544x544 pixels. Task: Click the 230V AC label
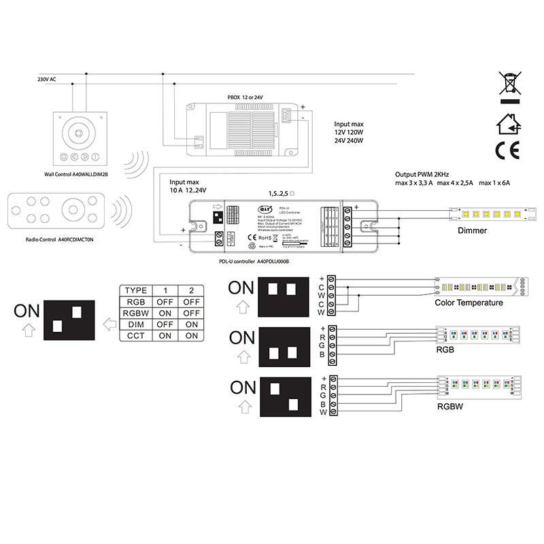[47, 80]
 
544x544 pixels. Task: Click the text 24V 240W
[350, 141]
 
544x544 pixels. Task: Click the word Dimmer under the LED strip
[472, 232]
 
